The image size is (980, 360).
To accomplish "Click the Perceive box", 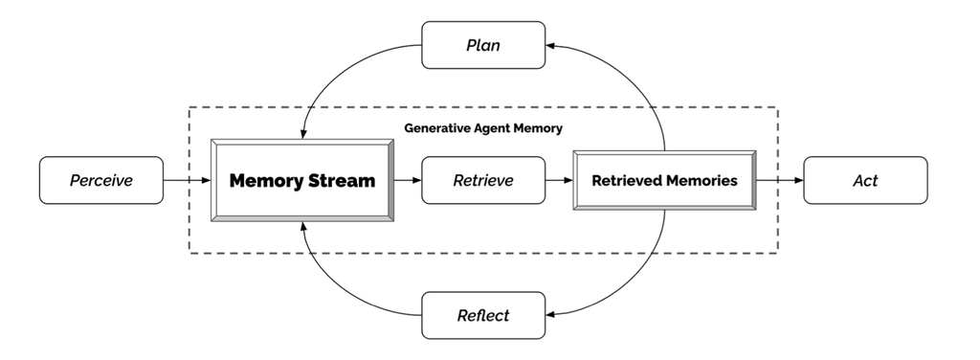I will click(100, 180).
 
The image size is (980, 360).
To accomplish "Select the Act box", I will click(865, 180).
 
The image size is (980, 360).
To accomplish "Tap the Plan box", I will click(483, 45).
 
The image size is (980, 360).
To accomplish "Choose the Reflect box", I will click(483, 315).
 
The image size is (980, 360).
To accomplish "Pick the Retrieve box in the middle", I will click(483, 180).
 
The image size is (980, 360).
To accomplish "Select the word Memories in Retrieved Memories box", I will click(702, 180).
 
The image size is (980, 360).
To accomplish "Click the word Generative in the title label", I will click(435, 126).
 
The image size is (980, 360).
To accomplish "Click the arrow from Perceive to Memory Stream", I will click(187, 180).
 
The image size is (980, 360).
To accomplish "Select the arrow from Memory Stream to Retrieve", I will click(407, 180).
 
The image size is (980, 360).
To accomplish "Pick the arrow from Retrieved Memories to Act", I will click(779, 180).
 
